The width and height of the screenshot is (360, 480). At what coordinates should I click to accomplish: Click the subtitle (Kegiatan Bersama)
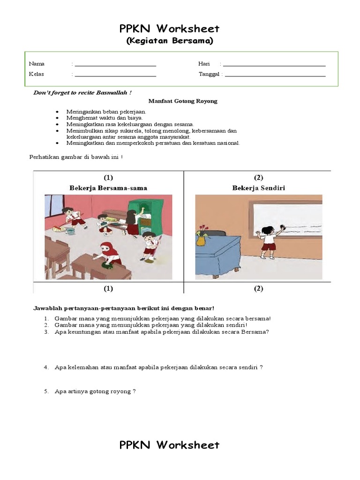[x=170, y=41]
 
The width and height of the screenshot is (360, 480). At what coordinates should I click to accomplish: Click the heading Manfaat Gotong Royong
[x=183, y=101]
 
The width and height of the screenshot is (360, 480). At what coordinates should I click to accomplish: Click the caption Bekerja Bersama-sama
[x=108, y=188]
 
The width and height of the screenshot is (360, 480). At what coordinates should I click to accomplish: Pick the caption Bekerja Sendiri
[x=259, y=188]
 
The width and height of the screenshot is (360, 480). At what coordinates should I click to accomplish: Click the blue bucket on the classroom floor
[x=70, y=231]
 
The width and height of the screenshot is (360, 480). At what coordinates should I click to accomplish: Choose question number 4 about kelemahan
[x=158, y=367]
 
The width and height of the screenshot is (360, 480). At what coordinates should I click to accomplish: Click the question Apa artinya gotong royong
[x=95, y=391]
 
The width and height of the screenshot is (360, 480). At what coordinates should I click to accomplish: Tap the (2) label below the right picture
[x=259, y=289]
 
